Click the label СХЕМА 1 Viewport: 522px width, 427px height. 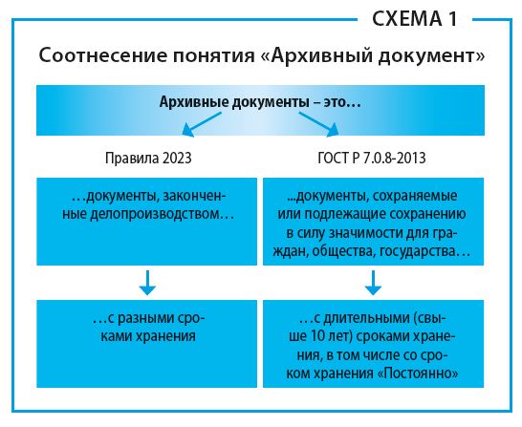415,19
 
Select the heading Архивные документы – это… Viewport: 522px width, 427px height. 260,102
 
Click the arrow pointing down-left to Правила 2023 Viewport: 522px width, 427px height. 202,124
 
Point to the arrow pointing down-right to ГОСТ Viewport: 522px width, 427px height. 318,124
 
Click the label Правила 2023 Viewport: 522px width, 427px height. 148,158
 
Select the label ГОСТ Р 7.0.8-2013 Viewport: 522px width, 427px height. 372,158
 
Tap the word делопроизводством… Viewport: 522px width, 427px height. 163,214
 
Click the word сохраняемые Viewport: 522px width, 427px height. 415,196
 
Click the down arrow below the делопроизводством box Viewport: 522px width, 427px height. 147,283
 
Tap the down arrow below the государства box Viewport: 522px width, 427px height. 373,283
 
